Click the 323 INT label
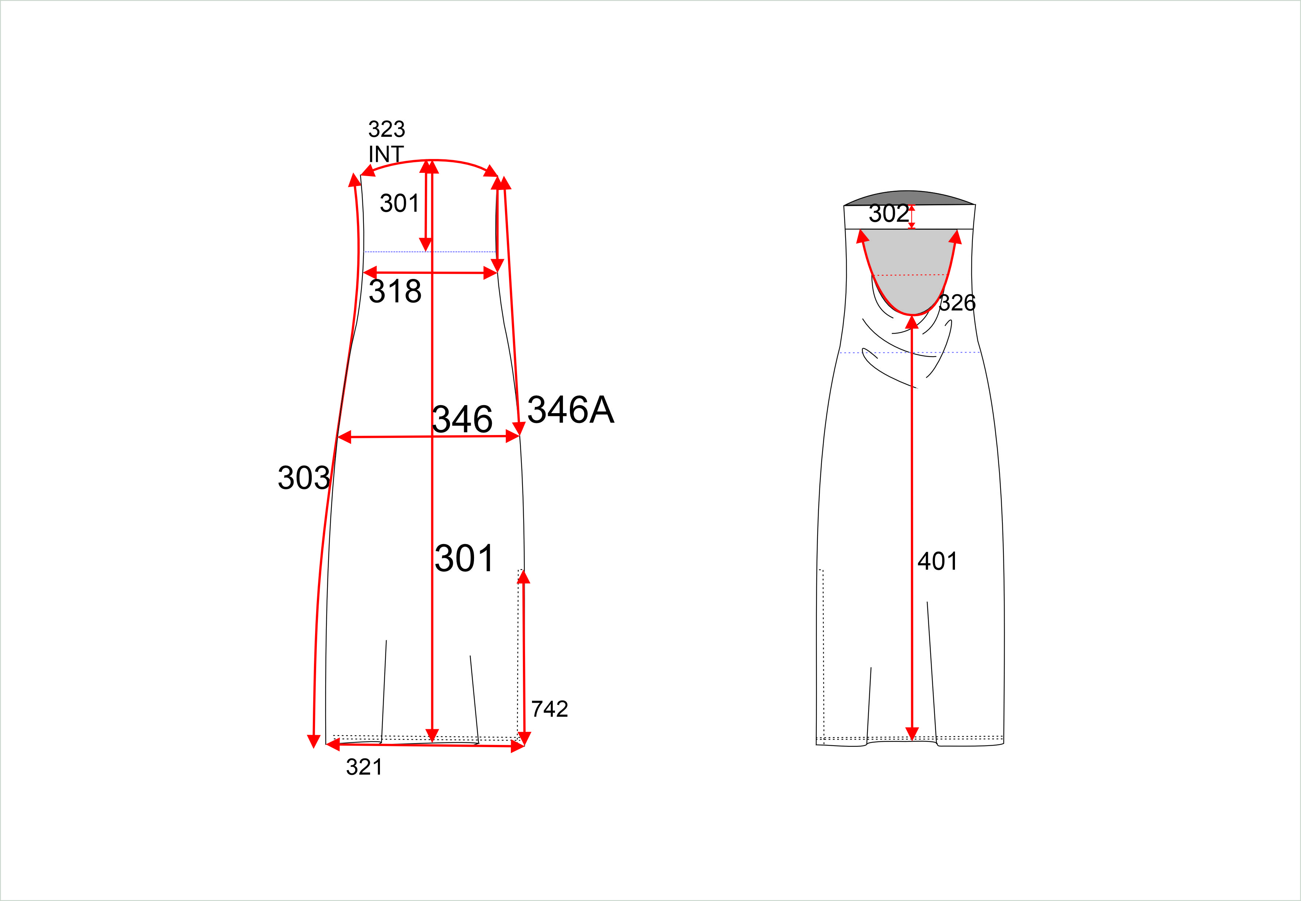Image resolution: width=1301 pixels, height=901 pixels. [387, 142]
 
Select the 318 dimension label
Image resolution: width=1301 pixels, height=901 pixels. [395, 291]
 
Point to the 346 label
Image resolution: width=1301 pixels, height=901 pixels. [462, 419]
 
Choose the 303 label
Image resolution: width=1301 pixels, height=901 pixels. [304, 478]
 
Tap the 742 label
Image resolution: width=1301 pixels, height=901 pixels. [549, 709]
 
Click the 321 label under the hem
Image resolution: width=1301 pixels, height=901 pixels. [364, 767]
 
